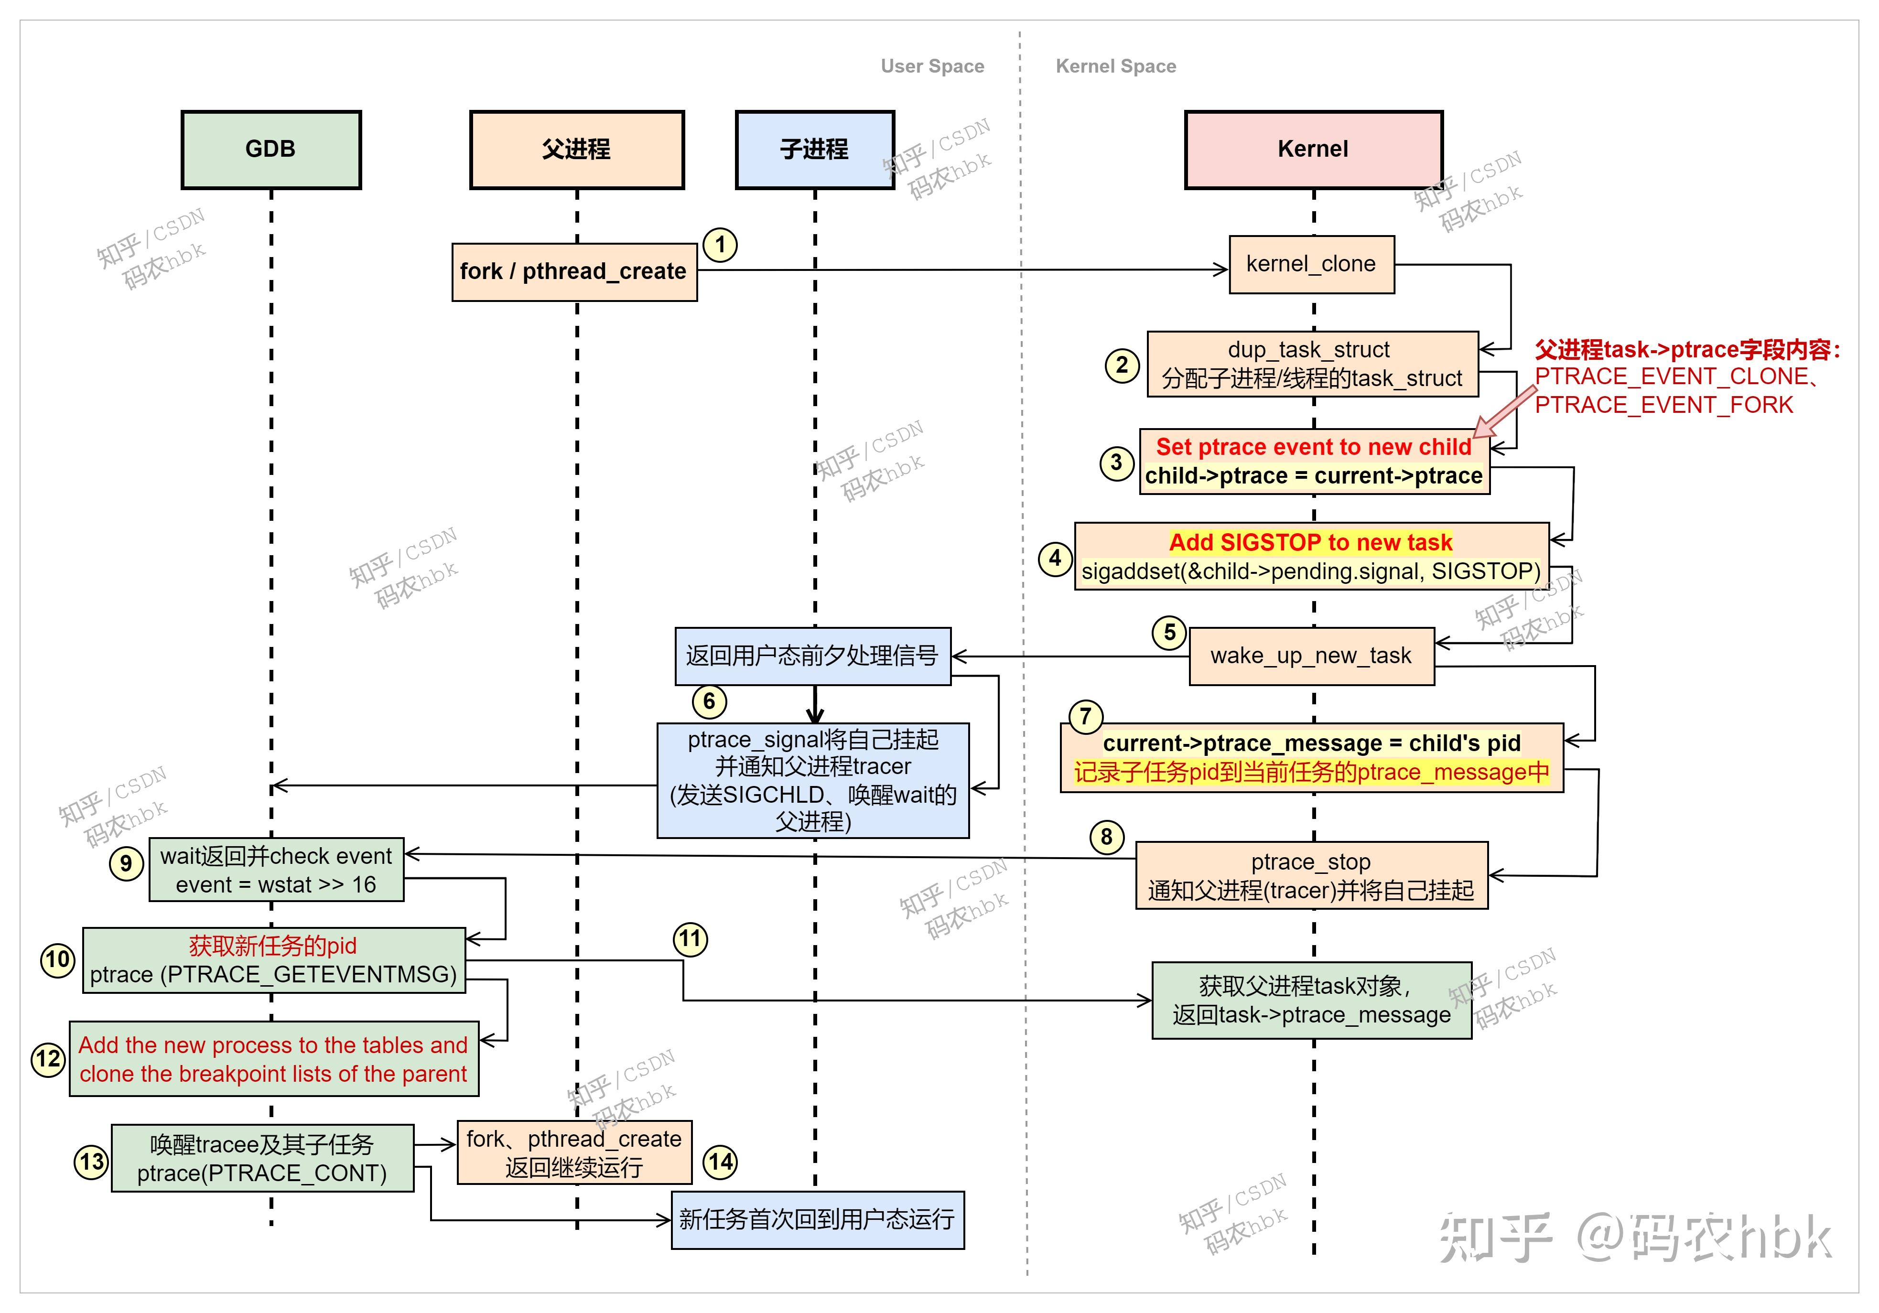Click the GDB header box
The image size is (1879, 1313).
[271, 150]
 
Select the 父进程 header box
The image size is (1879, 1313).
[576, 150]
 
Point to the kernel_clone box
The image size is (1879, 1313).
[1311, 264]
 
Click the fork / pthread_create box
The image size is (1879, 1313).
[573, 271]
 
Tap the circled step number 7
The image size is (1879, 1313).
[1085, 717]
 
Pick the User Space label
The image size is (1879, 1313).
[932, 66]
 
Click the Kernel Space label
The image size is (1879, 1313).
[1115, 66]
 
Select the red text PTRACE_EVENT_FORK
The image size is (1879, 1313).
[1663, 405]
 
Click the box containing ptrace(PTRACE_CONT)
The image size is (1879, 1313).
[262, 1158]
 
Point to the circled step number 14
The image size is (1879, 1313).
[720, 1162]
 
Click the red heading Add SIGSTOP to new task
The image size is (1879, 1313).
[1310, 542]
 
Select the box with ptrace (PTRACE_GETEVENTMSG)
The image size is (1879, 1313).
[273, 960]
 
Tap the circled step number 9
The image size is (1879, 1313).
[126, 864]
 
